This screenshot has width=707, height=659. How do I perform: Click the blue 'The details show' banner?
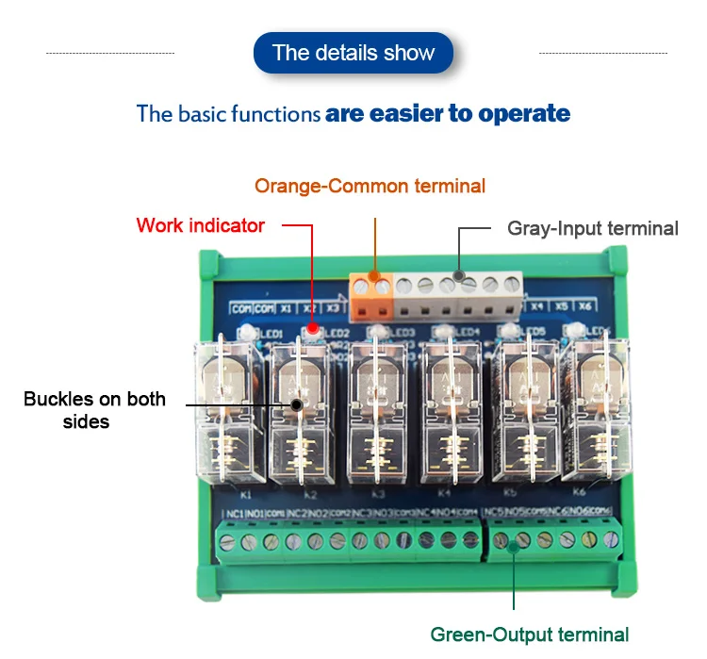(x=353, y=53)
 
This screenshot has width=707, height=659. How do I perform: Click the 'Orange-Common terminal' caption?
(x=370, y=186)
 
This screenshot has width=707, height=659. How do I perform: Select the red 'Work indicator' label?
(x=200, y=225)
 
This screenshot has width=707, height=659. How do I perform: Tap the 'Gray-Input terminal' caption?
(x=592, y=228)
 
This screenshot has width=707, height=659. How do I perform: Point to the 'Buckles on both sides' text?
(x=94, y=410)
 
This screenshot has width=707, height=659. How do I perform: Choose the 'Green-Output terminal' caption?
(x=529, y=634)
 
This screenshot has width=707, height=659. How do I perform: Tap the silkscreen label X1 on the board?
(x=285, y=307)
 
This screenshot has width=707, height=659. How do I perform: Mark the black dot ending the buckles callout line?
(x=297, y=405)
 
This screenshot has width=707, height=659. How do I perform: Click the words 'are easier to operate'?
(x=448, y=114)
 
